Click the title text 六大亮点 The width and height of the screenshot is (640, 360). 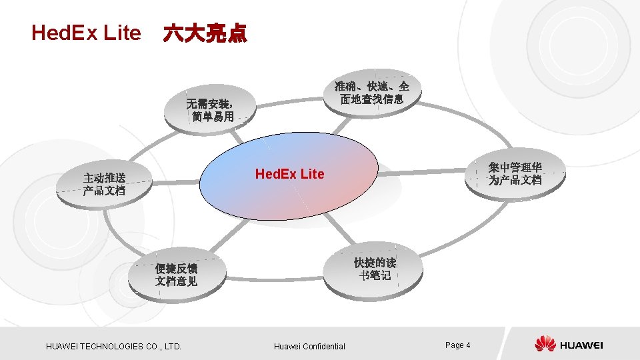point(205,33)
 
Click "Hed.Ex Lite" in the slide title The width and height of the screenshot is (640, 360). point(86,33)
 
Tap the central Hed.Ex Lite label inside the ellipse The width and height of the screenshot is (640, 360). point(289,174)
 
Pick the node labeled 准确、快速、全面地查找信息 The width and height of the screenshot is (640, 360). point(371,93)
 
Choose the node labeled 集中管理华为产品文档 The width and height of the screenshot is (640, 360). point(515,174)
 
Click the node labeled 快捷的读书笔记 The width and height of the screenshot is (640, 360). point(375,269)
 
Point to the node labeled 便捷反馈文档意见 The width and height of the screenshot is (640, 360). point(176,275)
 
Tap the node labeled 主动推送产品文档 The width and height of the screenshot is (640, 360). point(105,184)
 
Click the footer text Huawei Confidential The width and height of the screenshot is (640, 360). point(309,346)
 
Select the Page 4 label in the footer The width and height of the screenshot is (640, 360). point(457,345)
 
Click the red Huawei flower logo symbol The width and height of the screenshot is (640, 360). point(545,344)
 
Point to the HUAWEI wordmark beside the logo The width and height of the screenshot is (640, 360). point(581,345)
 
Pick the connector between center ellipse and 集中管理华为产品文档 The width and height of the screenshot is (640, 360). point(420,173)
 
